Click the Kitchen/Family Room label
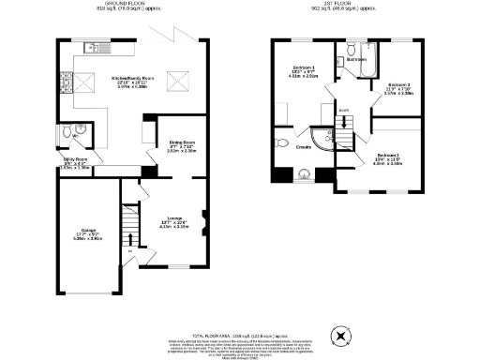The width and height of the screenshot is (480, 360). pos(134,78)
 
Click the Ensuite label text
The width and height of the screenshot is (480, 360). pos(303,147)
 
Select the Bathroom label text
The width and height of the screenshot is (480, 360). pos(355,60)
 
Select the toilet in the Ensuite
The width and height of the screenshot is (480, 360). pos(282,143)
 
